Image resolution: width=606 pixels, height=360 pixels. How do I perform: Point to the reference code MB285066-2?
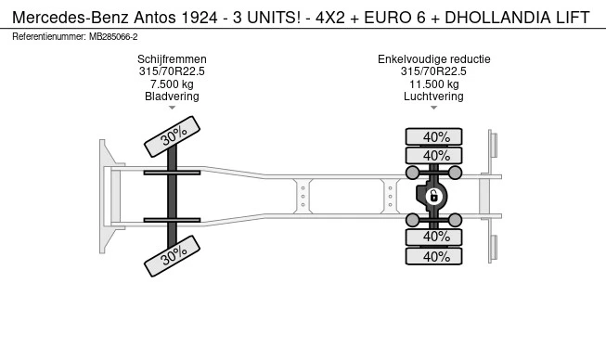(112, 36)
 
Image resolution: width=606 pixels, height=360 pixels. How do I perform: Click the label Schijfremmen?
(172, 59)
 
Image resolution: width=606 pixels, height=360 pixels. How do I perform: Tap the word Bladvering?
(172, 96)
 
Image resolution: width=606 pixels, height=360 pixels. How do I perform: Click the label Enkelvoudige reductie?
(433, 59)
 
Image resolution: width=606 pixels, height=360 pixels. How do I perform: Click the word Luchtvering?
(433, 96)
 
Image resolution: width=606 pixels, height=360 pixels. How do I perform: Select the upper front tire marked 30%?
(173, 137)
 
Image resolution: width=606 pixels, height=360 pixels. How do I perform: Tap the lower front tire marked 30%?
(173, 255)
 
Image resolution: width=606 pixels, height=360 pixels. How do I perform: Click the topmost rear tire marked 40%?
(434, 136)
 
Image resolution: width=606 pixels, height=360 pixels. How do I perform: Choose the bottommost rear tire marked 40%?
(434, 258)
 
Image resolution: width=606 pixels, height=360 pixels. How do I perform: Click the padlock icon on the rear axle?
(433, 196)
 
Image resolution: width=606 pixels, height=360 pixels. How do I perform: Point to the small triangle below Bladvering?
(172, 109)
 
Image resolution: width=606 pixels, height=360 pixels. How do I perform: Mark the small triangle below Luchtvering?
(433, 109)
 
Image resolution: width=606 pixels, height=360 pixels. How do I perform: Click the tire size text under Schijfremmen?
(172, 71)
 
